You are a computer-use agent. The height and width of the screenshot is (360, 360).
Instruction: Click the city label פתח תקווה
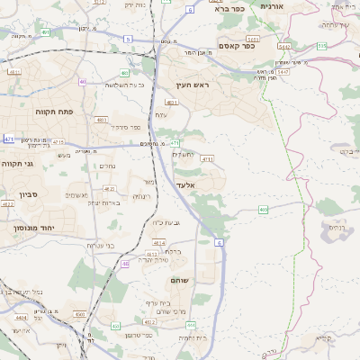[x=33, y=112]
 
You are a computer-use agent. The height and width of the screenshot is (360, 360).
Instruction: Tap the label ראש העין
[x=193, y=85]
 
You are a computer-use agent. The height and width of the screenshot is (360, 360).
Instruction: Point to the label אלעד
[x=185, y=184]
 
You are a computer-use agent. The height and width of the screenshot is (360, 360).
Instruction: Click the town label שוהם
[x=178, y=281]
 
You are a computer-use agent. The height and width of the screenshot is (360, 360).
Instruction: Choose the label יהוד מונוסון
[x=34, y=229]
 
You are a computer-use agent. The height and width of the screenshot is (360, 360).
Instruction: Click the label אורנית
[x=272, y=6]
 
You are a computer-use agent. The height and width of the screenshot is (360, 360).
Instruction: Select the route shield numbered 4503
[x=79, y=314]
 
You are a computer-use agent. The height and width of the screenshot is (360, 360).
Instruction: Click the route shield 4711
[x=208, y=158]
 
